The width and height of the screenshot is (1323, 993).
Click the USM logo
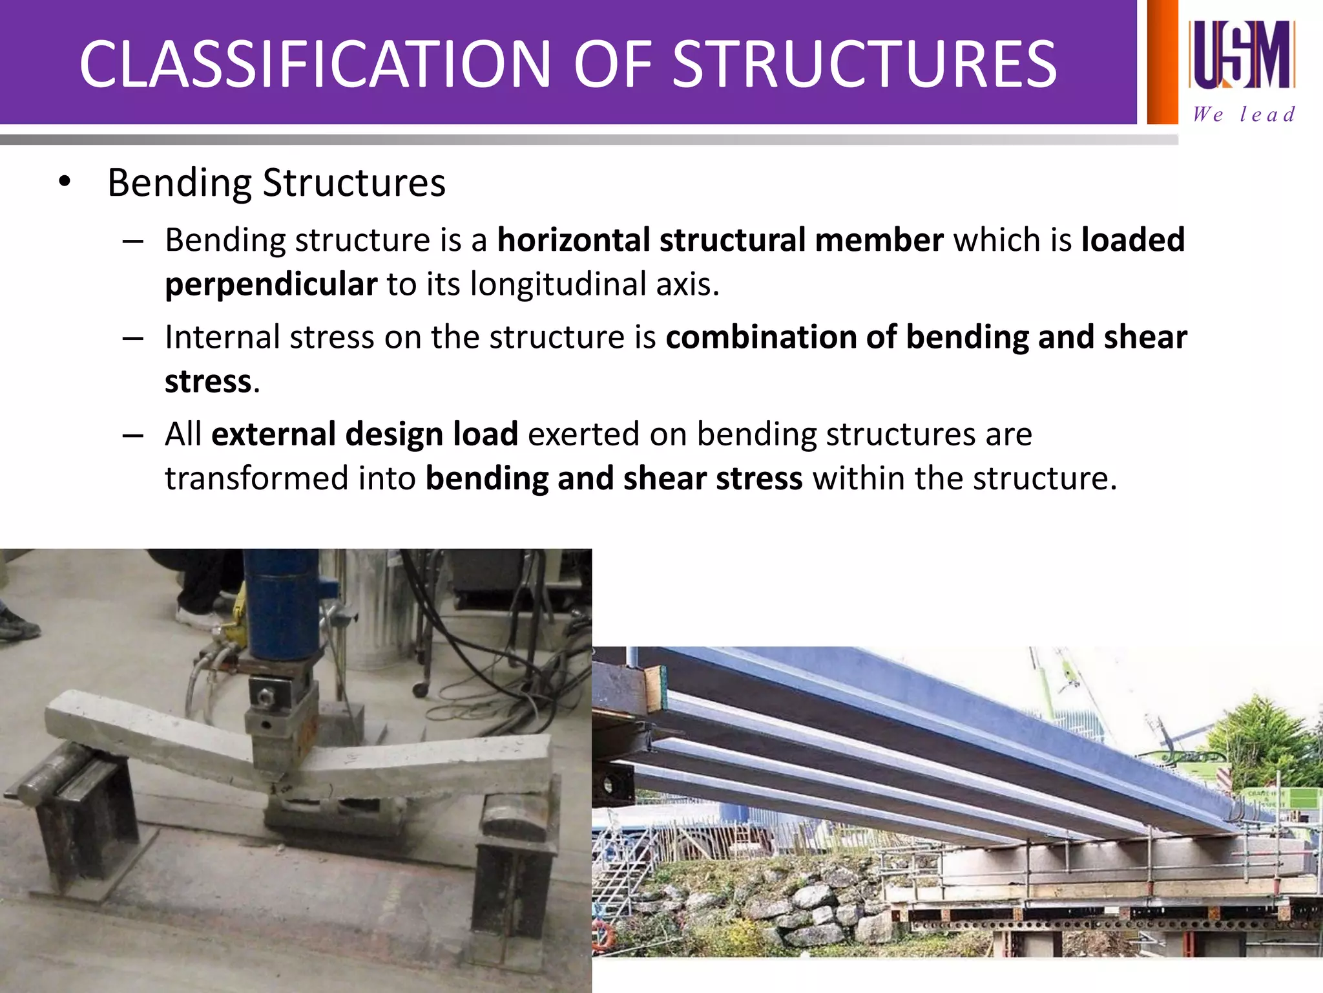click(x=1242, y=54)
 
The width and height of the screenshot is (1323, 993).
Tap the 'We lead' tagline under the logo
click(x=1244, y=114)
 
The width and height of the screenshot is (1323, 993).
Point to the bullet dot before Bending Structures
click(x=63, y=183)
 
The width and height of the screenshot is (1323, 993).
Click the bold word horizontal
click(x=573, y=240)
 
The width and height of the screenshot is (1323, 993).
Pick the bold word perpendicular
click(x=271, y=284)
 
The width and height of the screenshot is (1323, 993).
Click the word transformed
click(x=257, y=478)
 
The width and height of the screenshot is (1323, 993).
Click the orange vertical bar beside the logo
click(x=1162, y=61)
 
